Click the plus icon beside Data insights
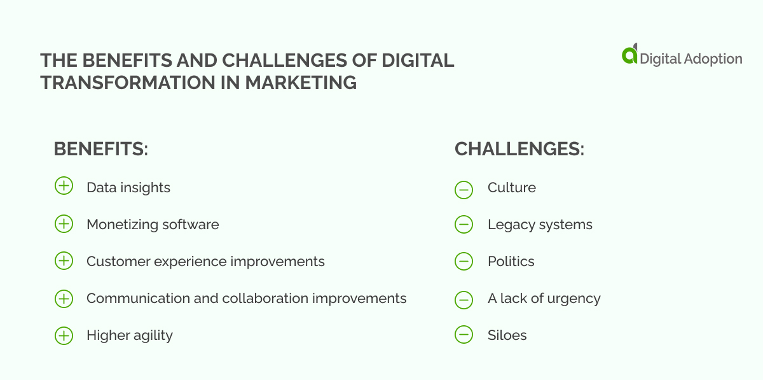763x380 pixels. pyautogui.click(x=64, y=186)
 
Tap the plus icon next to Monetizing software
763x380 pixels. pyautogui.click(x=64, y=223)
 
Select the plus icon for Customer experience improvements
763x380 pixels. pyautogui.click(x=64, y=261)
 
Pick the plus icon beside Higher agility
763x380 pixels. pyautogui.click(x=64, y=335)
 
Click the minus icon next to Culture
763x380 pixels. pyautogui.click(x=464, y=189)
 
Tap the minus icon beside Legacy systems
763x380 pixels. pyautogui.click(x=464, y=225)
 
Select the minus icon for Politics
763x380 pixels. pyautogui.click(x=464, y=262)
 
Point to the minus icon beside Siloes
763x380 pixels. pyautogui.click(x=464, y=335)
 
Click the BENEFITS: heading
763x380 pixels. pyautogui.click(x=101, y=149)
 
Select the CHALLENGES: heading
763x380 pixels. pyautogui.click(x=519, y=149)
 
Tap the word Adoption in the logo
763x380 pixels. pyautogui.click(x=711, y=59)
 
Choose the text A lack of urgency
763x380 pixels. pyautogui.click(x=544, y=299)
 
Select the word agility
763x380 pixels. pyautogui.click(x=150, y=336)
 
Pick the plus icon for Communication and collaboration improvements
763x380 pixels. pyautogui.click(x=64, y=299)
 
